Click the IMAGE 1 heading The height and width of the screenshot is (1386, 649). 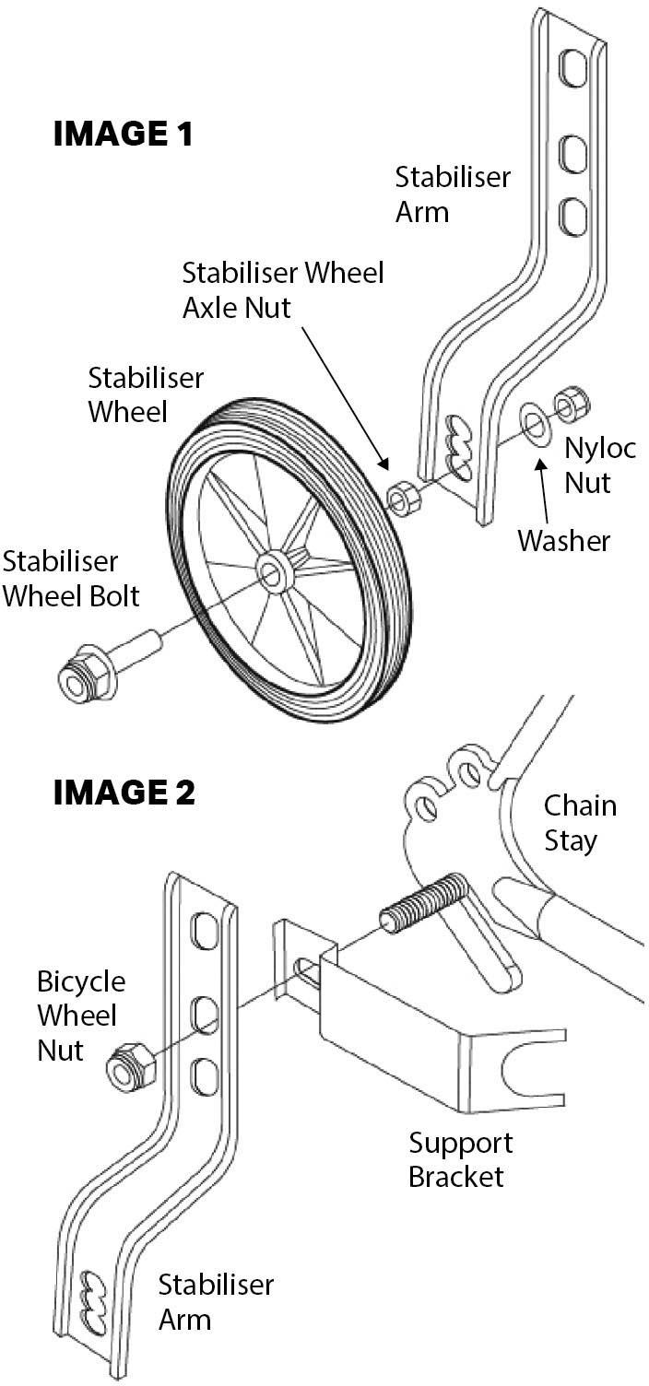pos(124,135)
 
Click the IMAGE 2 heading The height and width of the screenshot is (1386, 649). pos(124,792)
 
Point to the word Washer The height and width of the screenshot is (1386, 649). pos(563,540)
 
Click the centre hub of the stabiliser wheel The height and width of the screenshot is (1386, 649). pos(273,573)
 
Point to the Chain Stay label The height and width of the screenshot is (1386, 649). pos(580,823)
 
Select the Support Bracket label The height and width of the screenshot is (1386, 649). pos(460,1159)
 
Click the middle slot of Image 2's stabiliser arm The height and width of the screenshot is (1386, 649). pos(205,1015)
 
